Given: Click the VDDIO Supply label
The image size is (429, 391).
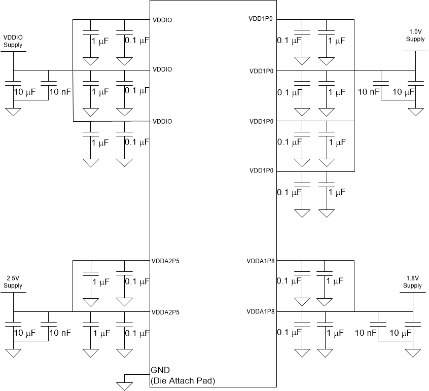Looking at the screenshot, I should click(x=13, y=41).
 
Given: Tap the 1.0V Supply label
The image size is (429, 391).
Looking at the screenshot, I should click(x=415, y=35).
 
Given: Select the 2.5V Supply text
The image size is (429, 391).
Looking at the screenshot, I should click(x=13, y=282).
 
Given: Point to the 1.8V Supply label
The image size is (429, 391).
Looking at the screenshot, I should click(x=413, y=282).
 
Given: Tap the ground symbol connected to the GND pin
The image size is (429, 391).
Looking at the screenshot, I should click(x=124, y=386).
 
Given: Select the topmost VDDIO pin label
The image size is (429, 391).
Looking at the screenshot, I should click(x=162, y=20).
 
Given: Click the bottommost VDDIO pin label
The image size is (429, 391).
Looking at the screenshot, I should click(x=162, y=121).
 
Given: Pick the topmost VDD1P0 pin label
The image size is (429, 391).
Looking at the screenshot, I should click(x=261, y=19).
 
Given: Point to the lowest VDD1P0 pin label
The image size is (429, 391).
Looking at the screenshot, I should click(x=262, y=171).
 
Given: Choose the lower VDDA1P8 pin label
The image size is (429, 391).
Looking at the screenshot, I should click(x=261, y=311).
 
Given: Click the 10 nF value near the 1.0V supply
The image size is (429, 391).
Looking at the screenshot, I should click(x=369, y=92).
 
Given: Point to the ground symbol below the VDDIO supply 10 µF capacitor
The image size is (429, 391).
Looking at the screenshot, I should click(x=13, y=111).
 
